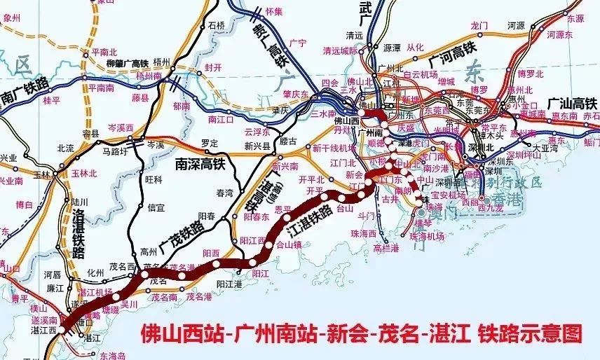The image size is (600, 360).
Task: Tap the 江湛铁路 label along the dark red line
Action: pyautogui.click(x=310, y=217)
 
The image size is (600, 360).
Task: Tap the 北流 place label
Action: pyautogui.click(x=65, y=148)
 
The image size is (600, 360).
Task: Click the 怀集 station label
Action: pyautogui.click(x=274, y=11)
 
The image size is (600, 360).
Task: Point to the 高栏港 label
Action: pyautogui.click(x=387, y=247)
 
